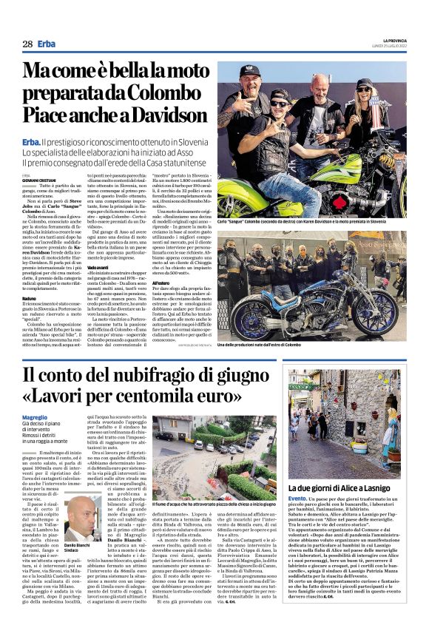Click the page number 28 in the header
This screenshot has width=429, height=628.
coord(27,44)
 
